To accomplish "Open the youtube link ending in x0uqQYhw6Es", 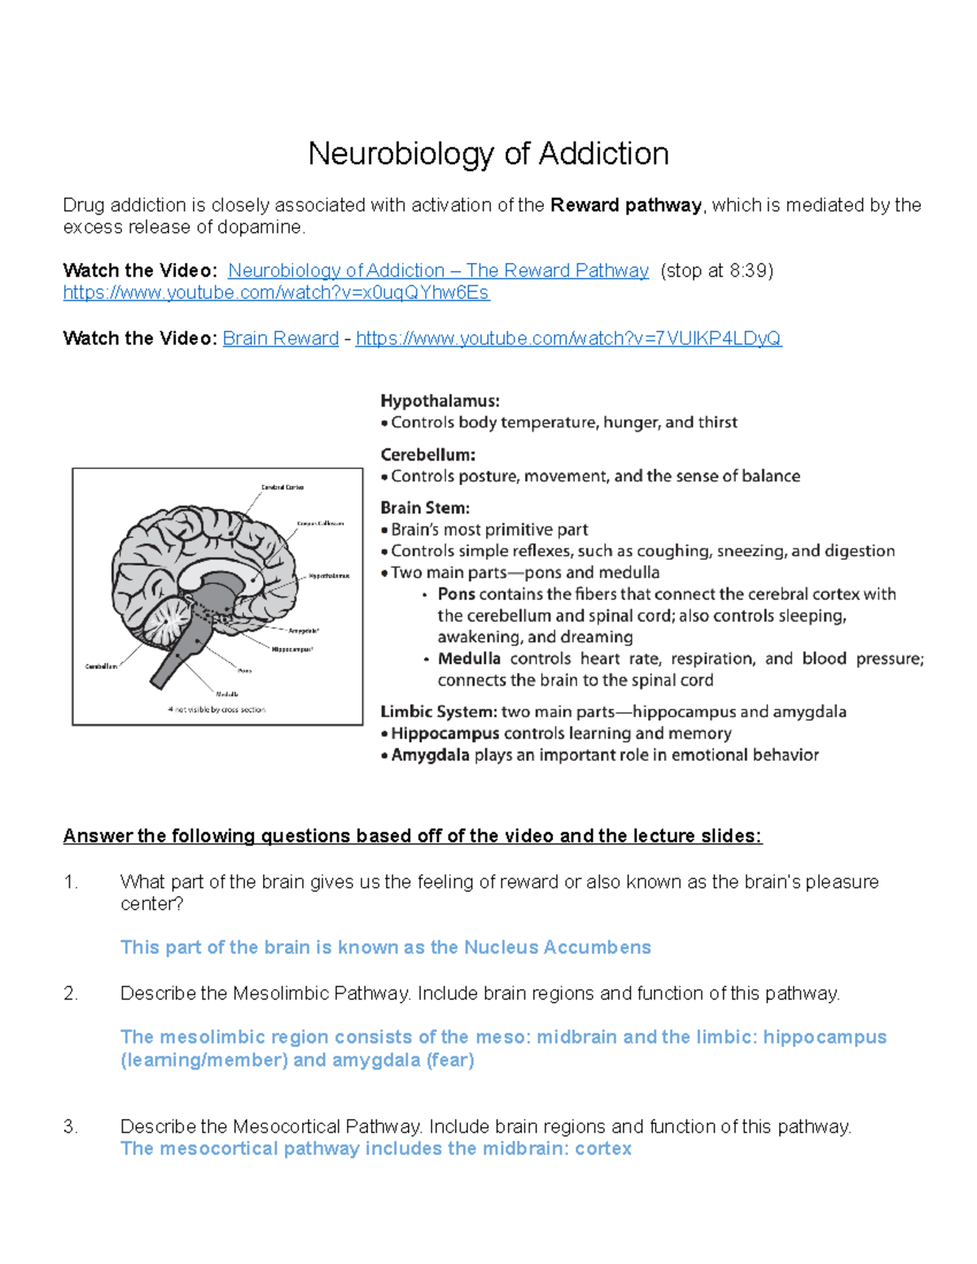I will click(276, 292).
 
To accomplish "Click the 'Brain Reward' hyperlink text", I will click(280, 338).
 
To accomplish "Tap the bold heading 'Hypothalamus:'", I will click(440, 400).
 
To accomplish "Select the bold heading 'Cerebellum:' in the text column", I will click(427, 454).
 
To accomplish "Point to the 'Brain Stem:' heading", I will click(424, 508).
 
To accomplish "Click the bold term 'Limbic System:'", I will click(438, 711).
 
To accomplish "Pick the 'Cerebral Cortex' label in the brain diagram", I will click(282, 488).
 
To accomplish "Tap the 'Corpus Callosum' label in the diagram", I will click(320, 524).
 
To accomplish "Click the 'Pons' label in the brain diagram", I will click(244, 671).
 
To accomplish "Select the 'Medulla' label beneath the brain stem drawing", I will click(226, 694).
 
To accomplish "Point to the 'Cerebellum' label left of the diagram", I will click(101, 667).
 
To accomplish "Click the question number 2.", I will click(70, 993).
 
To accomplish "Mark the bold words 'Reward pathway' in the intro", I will click(625, 205).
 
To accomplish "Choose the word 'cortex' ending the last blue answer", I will click(602, 1148).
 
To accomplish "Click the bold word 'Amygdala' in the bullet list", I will click(430, 754).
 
